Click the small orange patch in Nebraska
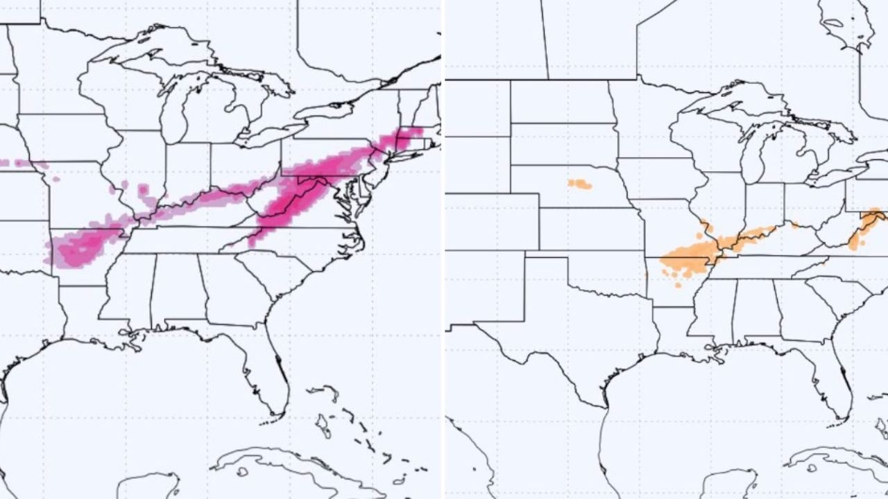coord(579,184)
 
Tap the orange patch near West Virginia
coord(864,229)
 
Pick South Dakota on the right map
coord(562,142)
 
